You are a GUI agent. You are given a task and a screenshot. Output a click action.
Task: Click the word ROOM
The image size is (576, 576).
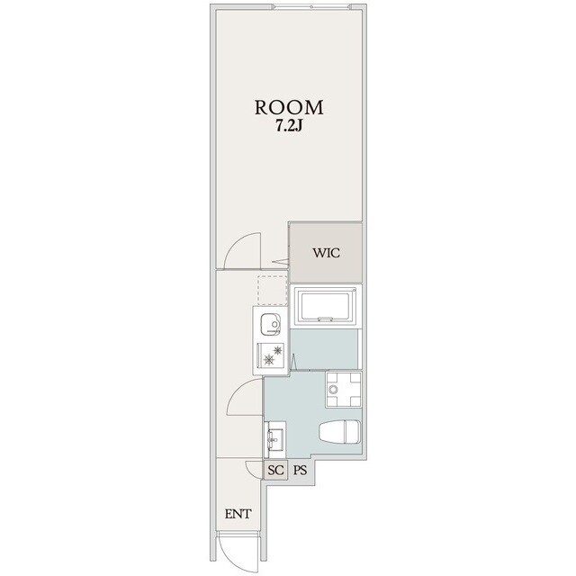[x=289, y=107]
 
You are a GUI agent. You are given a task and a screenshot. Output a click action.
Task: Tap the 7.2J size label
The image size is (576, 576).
[x=289, y=126]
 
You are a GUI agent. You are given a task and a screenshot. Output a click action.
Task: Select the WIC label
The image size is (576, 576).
[x=326, y=253]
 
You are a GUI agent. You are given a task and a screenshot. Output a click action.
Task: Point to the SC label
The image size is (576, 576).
[x=276, y=470]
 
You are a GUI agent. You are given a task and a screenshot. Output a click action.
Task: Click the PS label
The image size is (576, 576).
[x=300, y=470]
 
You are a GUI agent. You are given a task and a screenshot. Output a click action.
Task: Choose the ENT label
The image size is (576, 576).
[x=238, y=514]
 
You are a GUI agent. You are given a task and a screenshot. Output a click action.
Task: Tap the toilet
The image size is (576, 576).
[x=340, y=432]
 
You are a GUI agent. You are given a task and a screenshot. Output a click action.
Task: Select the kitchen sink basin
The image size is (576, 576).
[x=270, y=325]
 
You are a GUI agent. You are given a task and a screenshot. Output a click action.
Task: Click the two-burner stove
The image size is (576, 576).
[x=270, y=355]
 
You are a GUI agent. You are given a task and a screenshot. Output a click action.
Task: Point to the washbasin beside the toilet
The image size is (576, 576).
[x=275, y=440]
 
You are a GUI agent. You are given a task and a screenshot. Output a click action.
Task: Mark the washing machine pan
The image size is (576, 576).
[x=344, y=390]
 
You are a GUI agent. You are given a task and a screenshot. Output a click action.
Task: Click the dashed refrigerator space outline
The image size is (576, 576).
[x=273, y=290]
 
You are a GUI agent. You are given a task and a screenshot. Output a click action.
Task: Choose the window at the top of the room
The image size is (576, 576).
[x=312, y=6]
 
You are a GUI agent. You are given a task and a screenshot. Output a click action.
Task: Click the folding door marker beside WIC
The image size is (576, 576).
[x=282, y=262]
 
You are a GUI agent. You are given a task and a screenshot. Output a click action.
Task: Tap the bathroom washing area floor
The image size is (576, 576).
[x=324, y=349]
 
